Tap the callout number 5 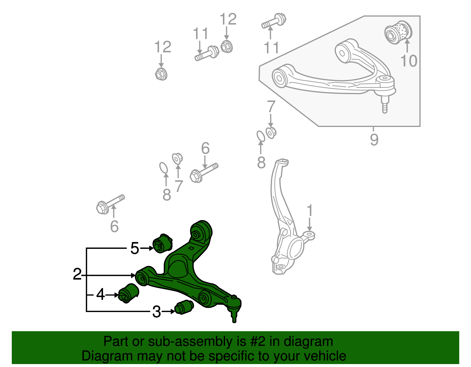pyautogui.click(x=135, y=248)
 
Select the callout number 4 pyautogui.click(x=100, y=294)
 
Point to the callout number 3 pyautogui.click(x=156, y=312)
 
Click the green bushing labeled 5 pyautogui.click(x=162, y=243)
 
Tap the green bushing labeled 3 pyautogui.click(x=184, y=307)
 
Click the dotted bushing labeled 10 pyautogui.click(x=399, y=32)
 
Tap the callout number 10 pyautogui.click(x=409, y=61)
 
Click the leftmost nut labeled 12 pyautogui.click(x=161, y=74)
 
